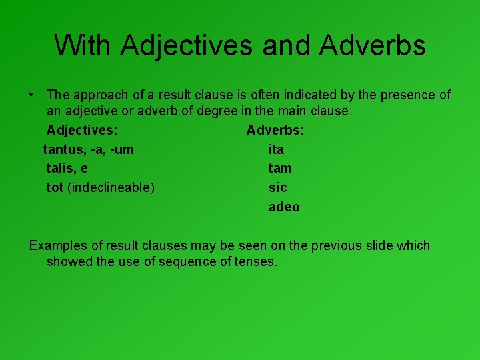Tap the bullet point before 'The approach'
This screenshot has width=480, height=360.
tap(32, 95)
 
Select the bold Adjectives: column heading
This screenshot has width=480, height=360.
tap(83, 130)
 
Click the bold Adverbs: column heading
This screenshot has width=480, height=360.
tap(275, 130)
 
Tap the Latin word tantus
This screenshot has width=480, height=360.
tap(63, 149)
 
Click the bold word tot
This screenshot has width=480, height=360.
tap(55, 187)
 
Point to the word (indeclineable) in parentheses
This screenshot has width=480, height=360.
tap(111, 188)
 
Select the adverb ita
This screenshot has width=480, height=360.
tap(276, 149)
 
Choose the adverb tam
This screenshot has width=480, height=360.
tap(280, 169)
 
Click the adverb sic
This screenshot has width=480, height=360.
tap(277, 187)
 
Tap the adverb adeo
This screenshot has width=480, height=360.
tap(284, 207)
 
